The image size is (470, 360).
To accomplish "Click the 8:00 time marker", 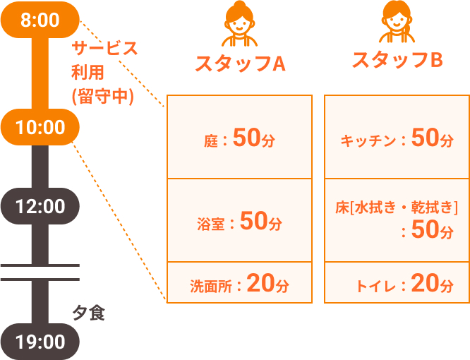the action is pyautogui.click(x=40, y=20).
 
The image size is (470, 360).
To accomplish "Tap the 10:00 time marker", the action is pyautogui.click(x=40, y=127).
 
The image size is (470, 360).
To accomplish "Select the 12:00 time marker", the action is pyautogui.click(x=40, y=206).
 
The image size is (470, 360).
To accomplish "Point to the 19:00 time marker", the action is pyautogui.click(x=40, y=342).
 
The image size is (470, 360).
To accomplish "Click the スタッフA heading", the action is pyautogui.click(x=240, y=64).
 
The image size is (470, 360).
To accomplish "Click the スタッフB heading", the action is pyautogui.click(x=397, y=60).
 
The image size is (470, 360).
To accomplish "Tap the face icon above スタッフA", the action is pyautogui.click(x=239, y=24).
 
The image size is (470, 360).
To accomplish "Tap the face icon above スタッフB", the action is pyautogui.click(x=397, y=22).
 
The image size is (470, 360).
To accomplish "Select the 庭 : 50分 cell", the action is pyautogui.click(x=239, y=137).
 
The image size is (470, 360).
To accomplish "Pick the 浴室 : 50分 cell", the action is pyautogui.click(x=239, y=220).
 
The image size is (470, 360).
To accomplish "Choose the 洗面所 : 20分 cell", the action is pyautogui.click(x=239, y=282).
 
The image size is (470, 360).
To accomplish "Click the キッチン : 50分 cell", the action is pyautogui.click(x=397, y=137).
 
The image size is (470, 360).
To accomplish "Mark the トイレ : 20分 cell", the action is pyautogui.click(x=397, y=282).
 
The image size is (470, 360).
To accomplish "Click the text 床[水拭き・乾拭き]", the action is pyautogui.click(x=397, y=208).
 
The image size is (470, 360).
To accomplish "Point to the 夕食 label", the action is pyautogui.click(x=88, y=313).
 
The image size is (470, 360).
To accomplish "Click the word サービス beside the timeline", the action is pyautogui.click(x=104, y=48).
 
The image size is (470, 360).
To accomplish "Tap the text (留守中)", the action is pyautogui.click(x=102, y=97).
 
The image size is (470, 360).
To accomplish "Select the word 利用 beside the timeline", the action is pyautogui.click(x=88, y=72).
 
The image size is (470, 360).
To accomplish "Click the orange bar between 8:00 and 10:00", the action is pyautogui.click(x=40, y=73).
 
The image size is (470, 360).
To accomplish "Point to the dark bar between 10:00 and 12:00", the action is pyautogui.click(x=40, y=167).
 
